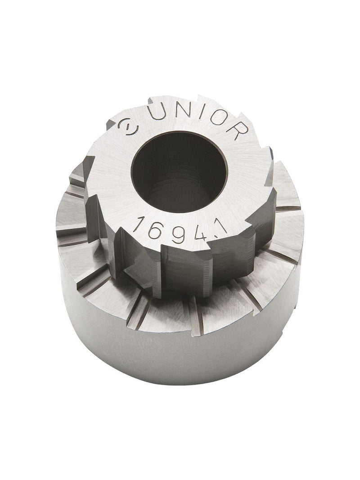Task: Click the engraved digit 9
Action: (178, 234)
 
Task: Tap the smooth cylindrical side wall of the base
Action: (180, 355)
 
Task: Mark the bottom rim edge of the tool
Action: (180, 381)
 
